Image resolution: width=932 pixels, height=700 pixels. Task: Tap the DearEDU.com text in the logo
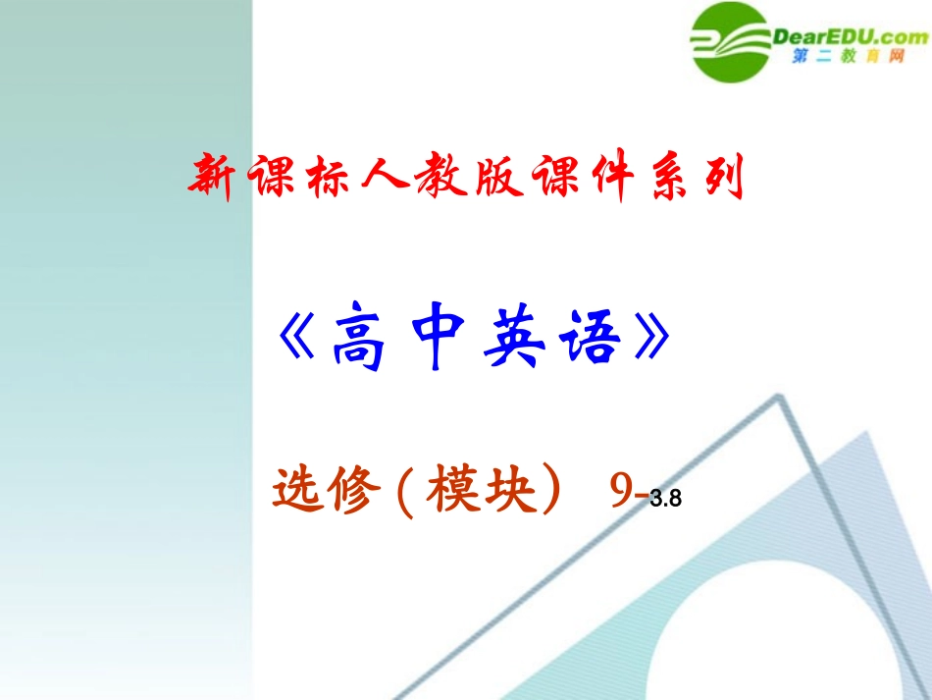(x=850, y=37)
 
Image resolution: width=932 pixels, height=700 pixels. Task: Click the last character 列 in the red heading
(x=727, y=177)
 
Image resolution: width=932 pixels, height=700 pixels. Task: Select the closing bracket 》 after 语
(x=654, y=343)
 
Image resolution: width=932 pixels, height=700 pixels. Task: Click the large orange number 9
(x=621, y=493)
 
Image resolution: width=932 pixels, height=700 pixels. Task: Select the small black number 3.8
(x=664, y=500)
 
